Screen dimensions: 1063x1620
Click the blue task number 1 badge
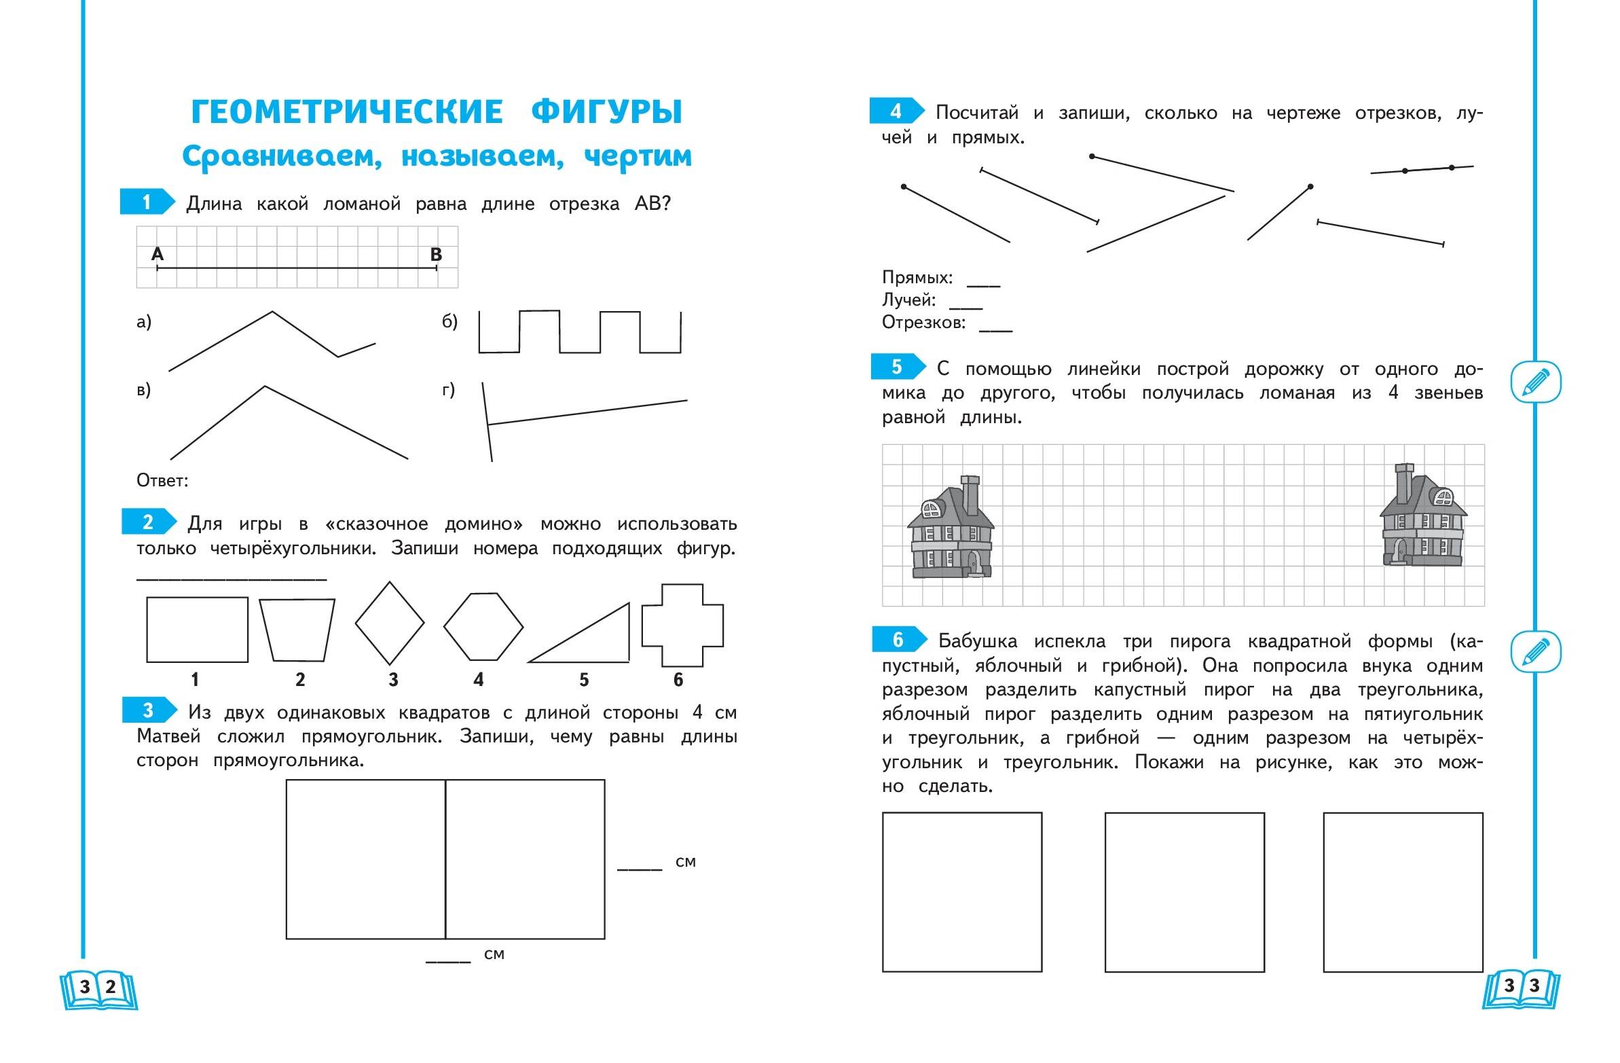coord(146,202)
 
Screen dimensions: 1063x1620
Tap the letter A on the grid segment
coord(158,254)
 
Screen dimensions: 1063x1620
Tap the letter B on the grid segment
coord(437,255)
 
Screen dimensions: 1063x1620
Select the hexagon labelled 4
coord(483,626)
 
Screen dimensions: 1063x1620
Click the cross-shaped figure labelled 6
coord(682,625)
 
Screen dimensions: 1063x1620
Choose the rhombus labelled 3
coord(389,623)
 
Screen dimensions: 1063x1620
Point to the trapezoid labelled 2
coord(297,630)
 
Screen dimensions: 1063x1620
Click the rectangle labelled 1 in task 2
coord(197,630)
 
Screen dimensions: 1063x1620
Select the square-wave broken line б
coord(579,332)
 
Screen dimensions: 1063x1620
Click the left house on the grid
coord(951,530)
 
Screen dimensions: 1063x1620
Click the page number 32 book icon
coord(98,988)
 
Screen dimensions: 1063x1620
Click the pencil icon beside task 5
coord(1535,381)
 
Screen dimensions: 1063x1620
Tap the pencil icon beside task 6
coord(1535,651)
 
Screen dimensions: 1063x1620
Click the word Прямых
coord(916,278)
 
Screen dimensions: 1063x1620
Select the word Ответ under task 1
coord(162,481)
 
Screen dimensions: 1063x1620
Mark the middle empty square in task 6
coord(1183,892)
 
